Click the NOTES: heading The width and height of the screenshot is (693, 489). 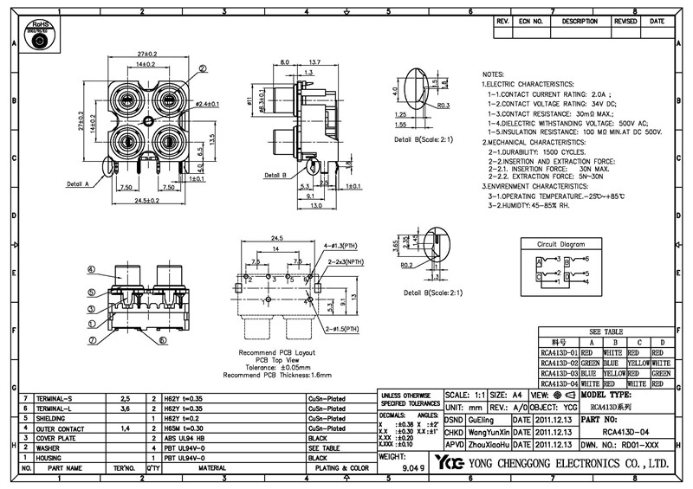[493, 75]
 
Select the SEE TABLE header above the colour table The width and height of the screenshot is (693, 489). [606, 332]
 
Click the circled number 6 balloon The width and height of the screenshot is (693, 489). [162, 340]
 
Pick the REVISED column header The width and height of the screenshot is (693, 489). [625, 21]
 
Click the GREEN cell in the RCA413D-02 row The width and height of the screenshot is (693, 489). [592, 364]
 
